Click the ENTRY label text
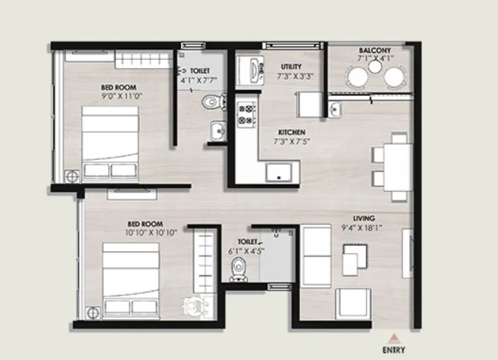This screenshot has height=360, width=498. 393,350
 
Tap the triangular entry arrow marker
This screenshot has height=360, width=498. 393,338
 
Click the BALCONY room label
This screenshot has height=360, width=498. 374,51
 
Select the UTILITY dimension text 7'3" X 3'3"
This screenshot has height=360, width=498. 296,77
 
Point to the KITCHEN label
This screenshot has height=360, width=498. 292,132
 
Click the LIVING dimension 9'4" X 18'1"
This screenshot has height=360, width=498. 362,227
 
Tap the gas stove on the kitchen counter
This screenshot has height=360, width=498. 246,114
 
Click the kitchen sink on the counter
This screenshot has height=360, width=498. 279,172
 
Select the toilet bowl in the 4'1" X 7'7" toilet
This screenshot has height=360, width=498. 214,102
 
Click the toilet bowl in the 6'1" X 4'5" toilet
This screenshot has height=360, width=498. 238,269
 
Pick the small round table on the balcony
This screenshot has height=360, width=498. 374,67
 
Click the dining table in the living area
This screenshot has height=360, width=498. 398,167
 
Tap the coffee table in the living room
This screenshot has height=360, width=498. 355,259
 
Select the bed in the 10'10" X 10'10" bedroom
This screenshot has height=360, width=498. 131,280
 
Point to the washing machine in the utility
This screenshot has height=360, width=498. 249,70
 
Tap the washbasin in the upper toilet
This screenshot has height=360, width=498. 218,131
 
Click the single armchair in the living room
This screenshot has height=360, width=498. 353,303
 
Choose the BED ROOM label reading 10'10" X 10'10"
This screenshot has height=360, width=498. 151,228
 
